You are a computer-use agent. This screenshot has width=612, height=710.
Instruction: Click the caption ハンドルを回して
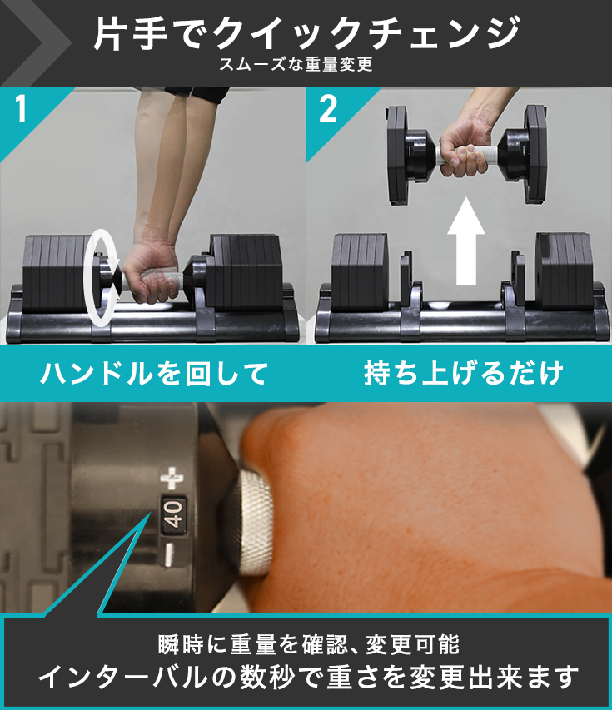tap(154, 374)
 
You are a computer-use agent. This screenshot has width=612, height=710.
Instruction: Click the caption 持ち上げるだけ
tap(463, 374)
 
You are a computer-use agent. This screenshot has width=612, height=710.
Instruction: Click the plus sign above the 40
tap(172, 478)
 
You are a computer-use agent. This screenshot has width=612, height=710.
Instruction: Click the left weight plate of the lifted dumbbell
tap(400, 157)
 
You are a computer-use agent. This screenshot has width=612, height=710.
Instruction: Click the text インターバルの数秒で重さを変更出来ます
tap(307, 677)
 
